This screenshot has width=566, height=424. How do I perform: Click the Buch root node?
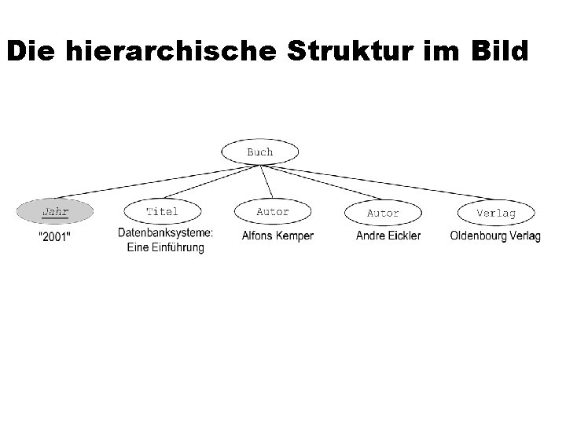[259, 152]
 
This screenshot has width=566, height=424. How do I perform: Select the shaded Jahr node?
[54, 212]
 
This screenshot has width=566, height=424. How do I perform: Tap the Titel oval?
[162, 212]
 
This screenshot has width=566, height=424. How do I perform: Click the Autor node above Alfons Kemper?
[273, 212]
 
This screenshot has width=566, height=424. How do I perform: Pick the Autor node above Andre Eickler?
[383, 213]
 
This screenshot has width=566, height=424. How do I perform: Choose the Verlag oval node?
[496, 213]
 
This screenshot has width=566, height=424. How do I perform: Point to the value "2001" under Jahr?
[53, 237]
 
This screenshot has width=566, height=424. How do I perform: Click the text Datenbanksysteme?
[166, 233]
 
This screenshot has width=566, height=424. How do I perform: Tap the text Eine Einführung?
[165, 248]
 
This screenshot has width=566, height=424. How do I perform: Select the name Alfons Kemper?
[277, 236]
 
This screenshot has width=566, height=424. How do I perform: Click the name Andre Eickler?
[388, 236]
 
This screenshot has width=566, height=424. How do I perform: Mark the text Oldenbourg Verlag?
[495, 236]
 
